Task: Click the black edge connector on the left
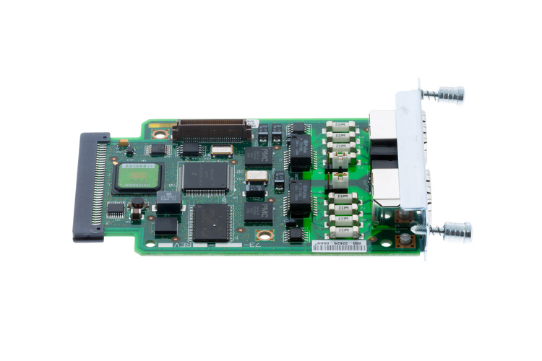pos(90,186)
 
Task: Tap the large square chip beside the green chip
pos(203,175)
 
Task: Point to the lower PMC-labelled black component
pos(257,210)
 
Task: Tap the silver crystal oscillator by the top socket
pos(223,150)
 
